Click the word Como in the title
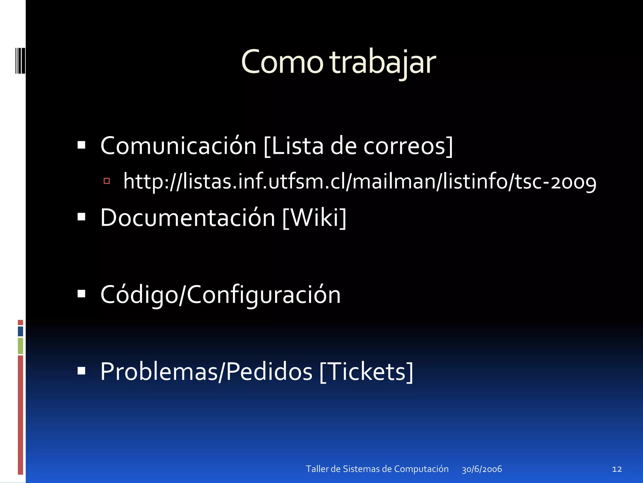pyautogui.click(x=282, y=62)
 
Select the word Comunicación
pyautogui.click(x=178, y=146)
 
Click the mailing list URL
pyautogui.click(x=359, y=182)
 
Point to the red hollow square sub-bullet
pyautogui.click(x=107, y=181)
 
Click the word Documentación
pyautogui.click(x=188, y=218)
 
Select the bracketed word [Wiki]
pyautogui.click(x=314, y=218)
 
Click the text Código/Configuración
pyautogui.click(x=220, y=295)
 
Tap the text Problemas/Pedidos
pyautogui.click(x=206, y=372)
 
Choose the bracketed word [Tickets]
pyautogui.click(x=366, y=372)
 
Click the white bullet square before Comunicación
pyautogui.click(x=81, y=145)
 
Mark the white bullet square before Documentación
pyautogui.click(x=81, y=217)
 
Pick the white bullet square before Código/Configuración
pyautogui.click(x=81, y=294)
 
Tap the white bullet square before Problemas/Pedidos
pyautogui.click(x=81, y=371)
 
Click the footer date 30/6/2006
pyautogui.click(x=482, y=469)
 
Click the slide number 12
pyautogui.click(x=617, y=469)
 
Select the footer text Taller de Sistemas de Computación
pyautogui.click(x=377, y=469)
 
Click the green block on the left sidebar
pyautogui.click(x=20, y=346)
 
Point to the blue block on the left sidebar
pyautogui.click(x=20, y=331)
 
